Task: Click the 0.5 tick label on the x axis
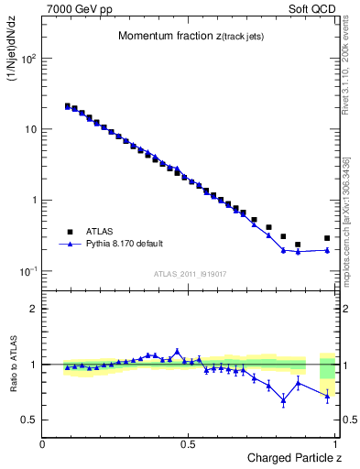(x=190, y=443)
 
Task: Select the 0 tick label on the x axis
(x=43, y=443)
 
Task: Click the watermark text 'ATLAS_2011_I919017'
(x=191, y=273)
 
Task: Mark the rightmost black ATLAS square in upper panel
(x=327, y=238)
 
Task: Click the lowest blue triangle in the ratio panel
(x=283, y=399)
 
